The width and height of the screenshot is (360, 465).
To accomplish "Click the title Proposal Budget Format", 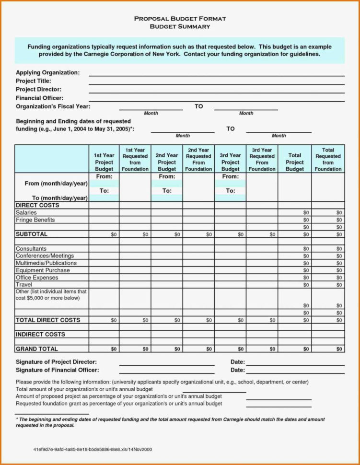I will [180, 19].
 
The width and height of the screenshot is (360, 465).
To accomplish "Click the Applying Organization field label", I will [47, 72].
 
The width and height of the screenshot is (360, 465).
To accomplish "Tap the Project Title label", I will [34, 81].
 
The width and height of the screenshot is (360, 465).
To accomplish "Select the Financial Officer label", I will [39, 98].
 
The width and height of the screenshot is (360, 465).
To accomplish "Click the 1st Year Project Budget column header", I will [104, 162].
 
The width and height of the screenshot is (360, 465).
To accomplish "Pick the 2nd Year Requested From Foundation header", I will [198, 159].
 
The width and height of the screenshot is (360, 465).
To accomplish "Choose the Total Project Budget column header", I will [295, 162].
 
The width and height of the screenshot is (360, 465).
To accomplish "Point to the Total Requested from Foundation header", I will [328, 159].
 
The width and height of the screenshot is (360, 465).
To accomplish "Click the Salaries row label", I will [26, 212].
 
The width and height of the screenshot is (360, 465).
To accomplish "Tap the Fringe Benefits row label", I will [35, 220].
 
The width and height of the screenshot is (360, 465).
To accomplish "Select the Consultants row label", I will [31, 249].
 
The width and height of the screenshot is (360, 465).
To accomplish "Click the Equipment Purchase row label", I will [43, 270].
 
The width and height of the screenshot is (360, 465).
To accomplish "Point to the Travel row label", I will [24, 285].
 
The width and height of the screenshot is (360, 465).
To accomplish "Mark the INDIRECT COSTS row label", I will [40, 334].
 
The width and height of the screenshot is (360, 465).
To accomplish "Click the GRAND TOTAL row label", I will [37, 349].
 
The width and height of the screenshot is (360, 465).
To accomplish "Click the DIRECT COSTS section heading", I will [37, 205].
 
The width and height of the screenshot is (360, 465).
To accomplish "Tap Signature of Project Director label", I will [56, 362].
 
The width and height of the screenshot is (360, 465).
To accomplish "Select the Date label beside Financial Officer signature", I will [237, 370].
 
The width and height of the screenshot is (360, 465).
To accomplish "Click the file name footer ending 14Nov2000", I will [93, 450].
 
